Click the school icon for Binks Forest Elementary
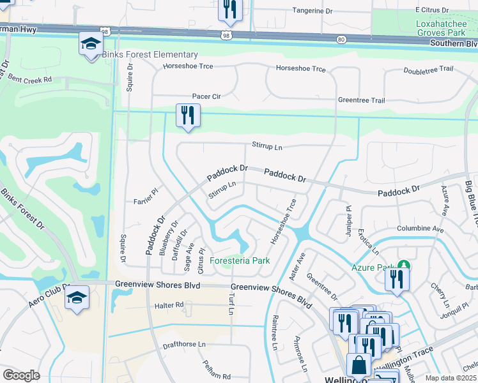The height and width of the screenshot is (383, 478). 91,44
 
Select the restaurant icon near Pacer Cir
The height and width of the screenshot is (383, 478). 188,116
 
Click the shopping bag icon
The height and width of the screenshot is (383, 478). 358,365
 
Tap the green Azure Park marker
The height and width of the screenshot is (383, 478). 403,265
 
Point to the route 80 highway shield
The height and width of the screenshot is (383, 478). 340,40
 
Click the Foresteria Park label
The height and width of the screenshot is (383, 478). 240,260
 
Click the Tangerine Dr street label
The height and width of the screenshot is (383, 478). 312,10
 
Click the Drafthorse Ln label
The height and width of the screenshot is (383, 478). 185,344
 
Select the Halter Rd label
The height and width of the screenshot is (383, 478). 169,306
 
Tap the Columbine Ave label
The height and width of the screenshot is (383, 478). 420,228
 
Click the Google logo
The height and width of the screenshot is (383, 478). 21,375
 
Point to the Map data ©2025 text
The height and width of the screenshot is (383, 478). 451,378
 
